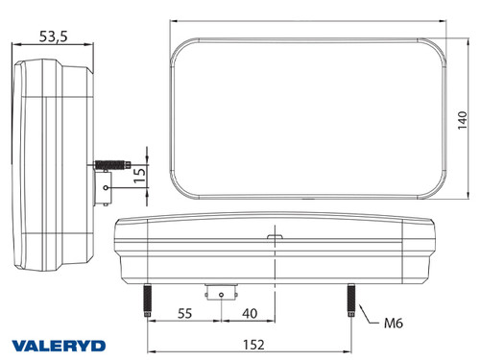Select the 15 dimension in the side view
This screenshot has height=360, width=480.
click(139, 173)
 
